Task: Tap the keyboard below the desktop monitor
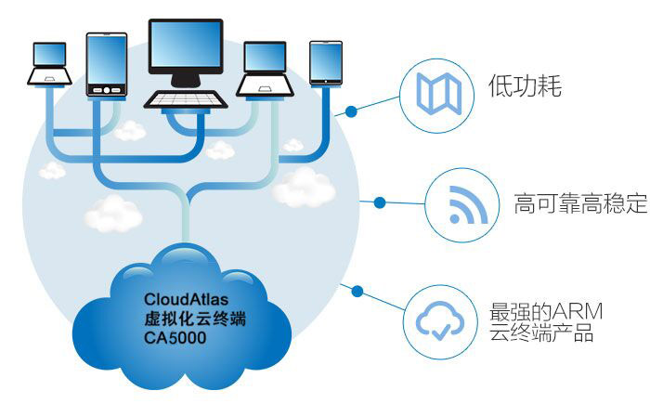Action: click(x=186, y=98)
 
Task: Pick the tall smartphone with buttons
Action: click(x=106, y=65)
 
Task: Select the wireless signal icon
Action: click(x=461, y=204)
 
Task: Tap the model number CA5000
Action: click(x=175, y=339)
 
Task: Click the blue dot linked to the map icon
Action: click(x=351, y=112)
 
